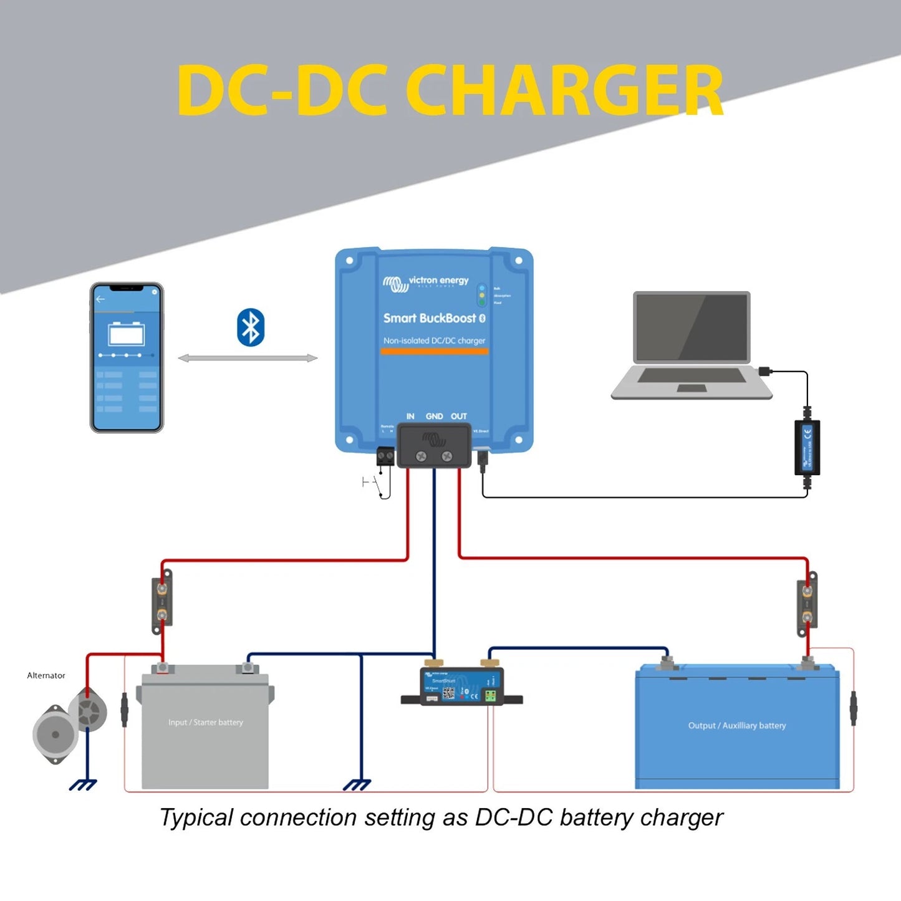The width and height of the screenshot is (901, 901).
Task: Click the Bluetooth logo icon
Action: point(251,327)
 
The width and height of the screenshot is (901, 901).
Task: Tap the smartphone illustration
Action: point(127,357)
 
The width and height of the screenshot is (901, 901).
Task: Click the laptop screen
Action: point(691,327)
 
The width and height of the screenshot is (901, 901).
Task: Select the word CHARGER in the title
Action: point(564,91)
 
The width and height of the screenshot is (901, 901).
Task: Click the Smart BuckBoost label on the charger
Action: point(430,318)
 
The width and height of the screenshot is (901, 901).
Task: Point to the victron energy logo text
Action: point(438,281)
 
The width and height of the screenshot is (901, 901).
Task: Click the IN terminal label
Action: point(410,416)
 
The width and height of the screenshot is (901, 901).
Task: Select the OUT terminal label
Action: point(459,416)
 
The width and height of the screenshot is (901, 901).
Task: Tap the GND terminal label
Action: point(434,416)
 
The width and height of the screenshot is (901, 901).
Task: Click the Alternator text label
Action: point(46,675)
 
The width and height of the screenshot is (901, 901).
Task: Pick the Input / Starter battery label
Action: point(206,722)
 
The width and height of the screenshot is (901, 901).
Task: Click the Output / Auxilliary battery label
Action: point(737,725)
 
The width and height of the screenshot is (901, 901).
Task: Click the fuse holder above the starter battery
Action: point(162,602)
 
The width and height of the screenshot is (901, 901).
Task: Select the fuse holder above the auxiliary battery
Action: point(807,604)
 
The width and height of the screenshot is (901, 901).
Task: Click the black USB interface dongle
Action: point(807,448)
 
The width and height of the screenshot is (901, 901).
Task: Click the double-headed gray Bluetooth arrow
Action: point(248,358)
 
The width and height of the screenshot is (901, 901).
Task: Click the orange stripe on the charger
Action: point(434,352)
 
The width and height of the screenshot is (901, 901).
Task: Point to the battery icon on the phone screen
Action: point(127,334)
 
